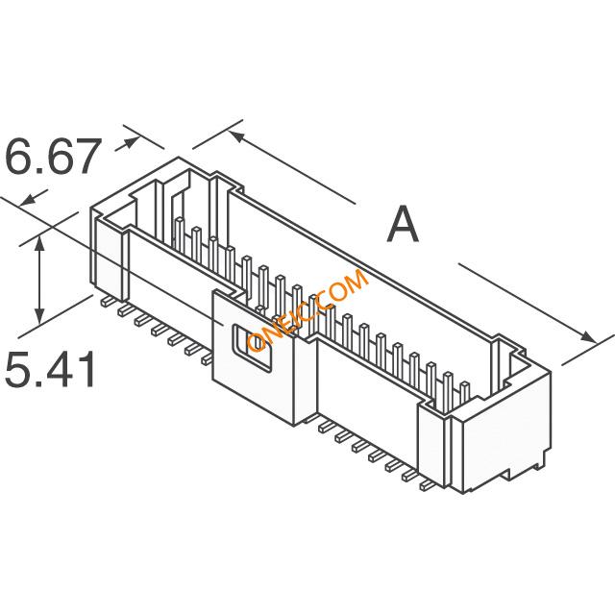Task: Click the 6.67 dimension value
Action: (x=50, y=157)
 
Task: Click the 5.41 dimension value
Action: (x=50, y=369)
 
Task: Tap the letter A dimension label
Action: (x=403, y=224)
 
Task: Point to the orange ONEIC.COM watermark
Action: (x=308, y=309)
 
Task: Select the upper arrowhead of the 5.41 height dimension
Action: (x=39, y=243)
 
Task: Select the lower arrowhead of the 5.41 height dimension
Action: (x=39, y=317)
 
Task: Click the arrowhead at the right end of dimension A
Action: (x=587, y=337)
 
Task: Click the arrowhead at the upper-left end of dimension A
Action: (x=237, y=136)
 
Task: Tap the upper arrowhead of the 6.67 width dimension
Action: (x=132, y=142)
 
